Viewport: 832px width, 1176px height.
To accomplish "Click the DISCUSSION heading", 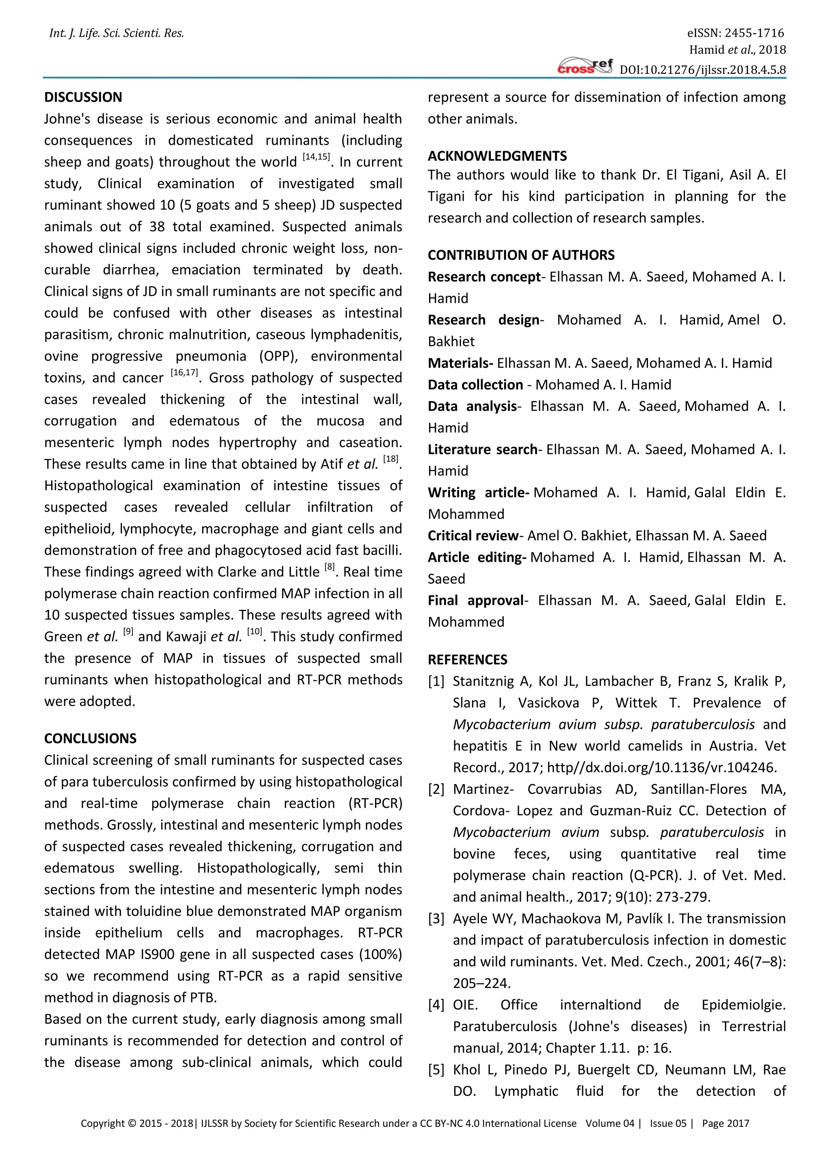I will (x=83, y=97).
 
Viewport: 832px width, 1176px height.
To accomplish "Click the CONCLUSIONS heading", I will (x=90, y=738).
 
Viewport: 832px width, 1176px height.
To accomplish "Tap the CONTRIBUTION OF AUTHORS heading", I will (x=521, y=255).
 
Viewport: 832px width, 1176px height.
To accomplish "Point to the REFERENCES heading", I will (x=467, y=659).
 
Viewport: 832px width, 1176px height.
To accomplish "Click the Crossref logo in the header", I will (x=585, y=67).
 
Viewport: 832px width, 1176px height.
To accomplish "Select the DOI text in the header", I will (x=703, y=70).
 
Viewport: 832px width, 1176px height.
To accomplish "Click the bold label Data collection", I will (x=475, y=385).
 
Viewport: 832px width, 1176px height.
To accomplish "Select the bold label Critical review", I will (x=473, y=536).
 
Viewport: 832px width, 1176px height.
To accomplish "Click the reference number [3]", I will (x=436, y=919).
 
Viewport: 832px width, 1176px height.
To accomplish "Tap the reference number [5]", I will (x=436, y=1070).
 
